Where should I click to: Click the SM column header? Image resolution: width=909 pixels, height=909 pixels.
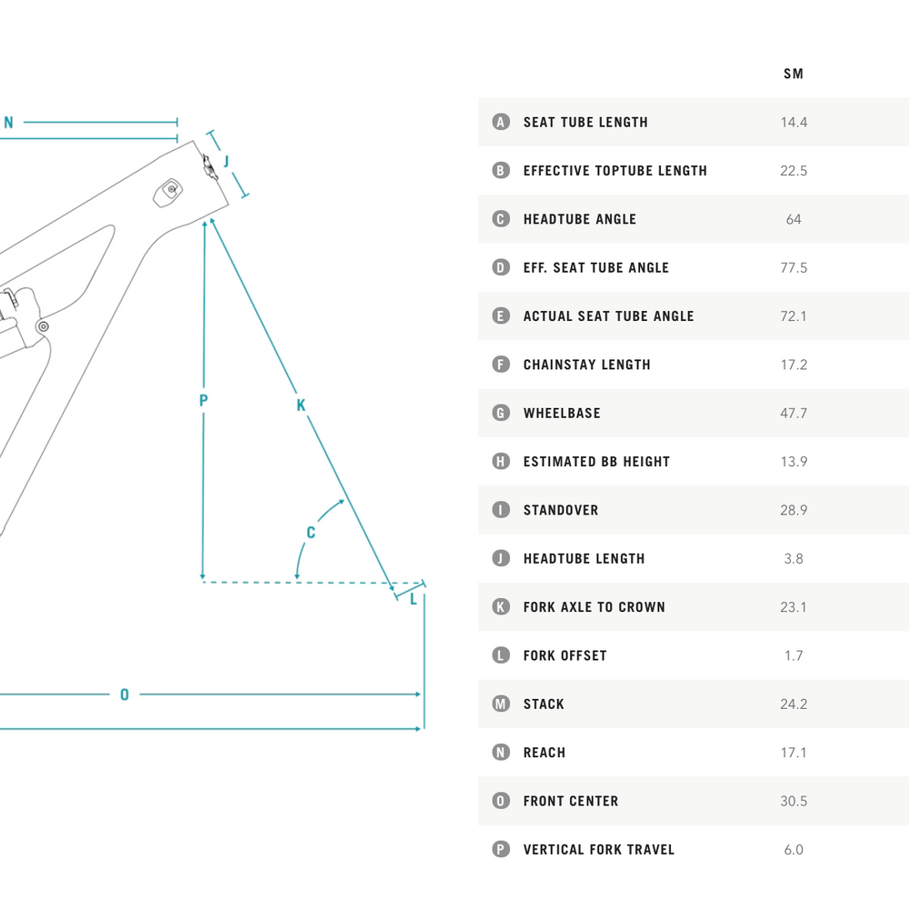(793, 74)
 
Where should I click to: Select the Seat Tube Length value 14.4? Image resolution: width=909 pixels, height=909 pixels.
(794, 123)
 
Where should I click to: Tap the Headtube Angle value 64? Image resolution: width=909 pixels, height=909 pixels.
(794, 219)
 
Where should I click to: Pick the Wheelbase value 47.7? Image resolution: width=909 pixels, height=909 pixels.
(794, 414)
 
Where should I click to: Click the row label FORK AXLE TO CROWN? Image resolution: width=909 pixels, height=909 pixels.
(594, 607)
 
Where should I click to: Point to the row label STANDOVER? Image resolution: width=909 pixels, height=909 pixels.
(561, 510)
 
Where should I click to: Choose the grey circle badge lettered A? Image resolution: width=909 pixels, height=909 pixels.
(501, 122)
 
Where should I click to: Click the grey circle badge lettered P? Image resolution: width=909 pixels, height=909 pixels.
(501, 849)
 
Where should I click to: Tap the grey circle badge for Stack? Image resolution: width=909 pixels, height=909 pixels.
(501, 704)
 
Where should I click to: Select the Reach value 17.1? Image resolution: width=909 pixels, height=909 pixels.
(794, 753)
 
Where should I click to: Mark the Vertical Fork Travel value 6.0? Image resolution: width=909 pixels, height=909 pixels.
(794, 849)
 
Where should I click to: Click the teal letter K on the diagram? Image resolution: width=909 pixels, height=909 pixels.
(301, 405)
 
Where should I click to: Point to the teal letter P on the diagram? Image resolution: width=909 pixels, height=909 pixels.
(204, 400)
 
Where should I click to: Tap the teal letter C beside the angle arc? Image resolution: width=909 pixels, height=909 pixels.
(311, 532)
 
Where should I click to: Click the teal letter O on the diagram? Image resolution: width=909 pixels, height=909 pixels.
(125, 694)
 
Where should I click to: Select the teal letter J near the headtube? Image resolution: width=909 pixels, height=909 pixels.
(226, 161)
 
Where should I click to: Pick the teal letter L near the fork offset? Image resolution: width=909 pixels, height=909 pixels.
(414, 599)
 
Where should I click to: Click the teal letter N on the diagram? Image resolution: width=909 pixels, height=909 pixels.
(9, 123)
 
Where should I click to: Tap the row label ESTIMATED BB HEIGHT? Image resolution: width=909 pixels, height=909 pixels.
(596, 462)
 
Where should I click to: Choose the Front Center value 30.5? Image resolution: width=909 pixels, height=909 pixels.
(794, 801)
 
